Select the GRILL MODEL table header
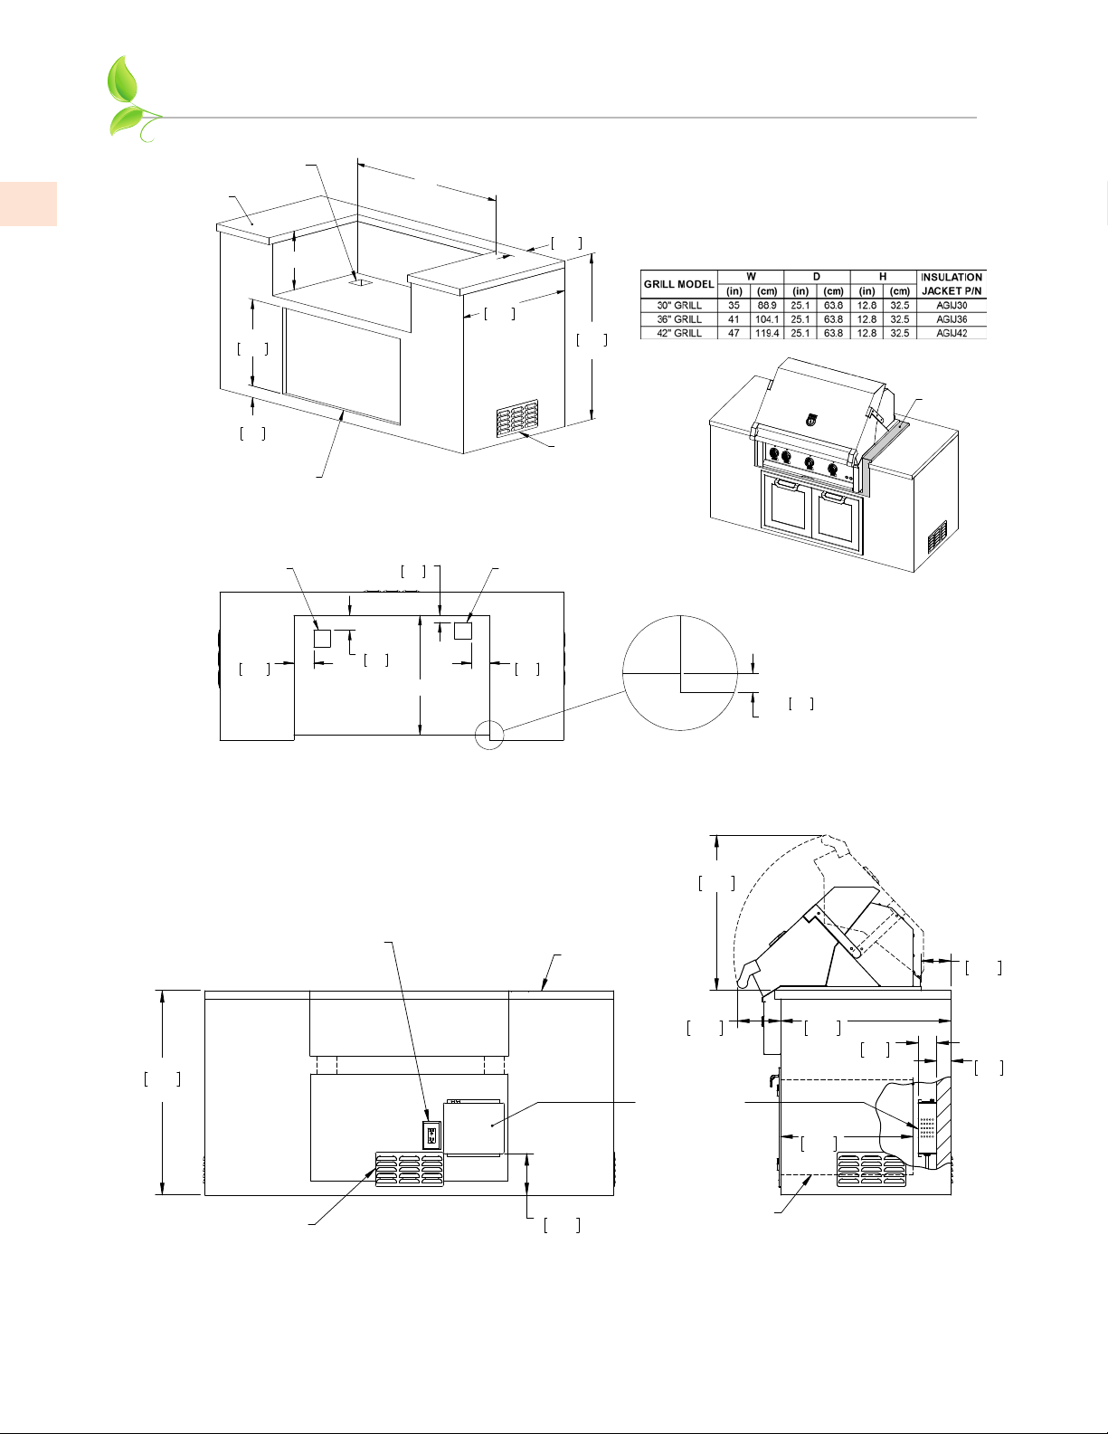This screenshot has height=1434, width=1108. pos(678,284)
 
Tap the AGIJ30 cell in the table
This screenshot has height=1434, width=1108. pos(951,306)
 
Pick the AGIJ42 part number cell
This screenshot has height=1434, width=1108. pos(951,333)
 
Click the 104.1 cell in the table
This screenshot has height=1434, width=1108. pos(767,319)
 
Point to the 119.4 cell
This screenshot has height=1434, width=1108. pos(767,333)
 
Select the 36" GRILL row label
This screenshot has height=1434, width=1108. pos(678,319)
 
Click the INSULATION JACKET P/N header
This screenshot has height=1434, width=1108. pos(951,284)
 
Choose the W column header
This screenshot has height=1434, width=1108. pos(751,277)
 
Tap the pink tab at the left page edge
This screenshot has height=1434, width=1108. pos(28,204)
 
